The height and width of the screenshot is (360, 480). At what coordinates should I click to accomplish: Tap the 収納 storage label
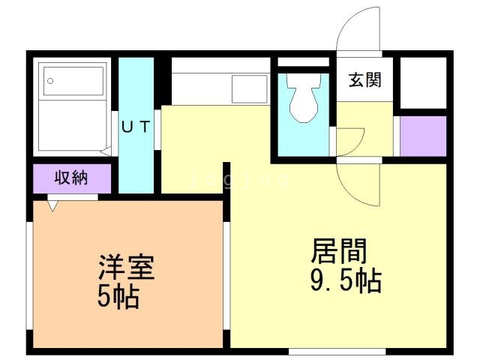coord(72,178)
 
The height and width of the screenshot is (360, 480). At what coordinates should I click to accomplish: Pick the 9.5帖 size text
coord(346,281)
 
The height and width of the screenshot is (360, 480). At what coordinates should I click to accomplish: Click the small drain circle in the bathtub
coord(51,79)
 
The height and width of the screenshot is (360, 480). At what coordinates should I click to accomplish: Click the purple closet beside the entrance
coord(422,136)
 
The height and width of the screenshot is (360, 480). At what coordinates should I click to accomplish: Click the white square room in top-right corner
coord(422,82)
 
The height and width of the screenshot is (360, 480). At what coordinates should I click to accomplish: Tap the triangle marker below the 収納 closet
coord(53,202)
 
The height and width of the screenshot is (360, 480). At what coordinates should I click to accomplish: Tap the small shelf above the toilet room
coord(303,62)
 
